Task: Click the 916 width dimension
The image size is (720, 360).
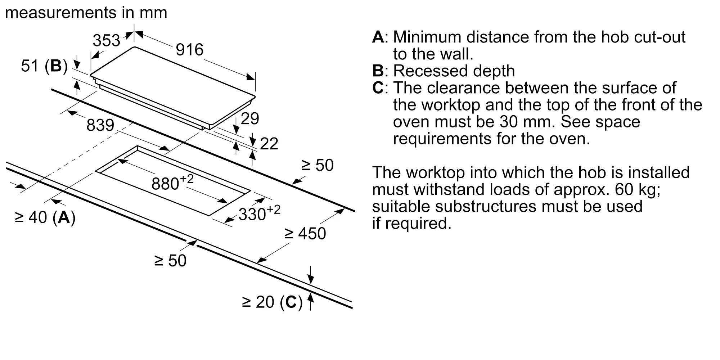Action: click(x=190, y=50)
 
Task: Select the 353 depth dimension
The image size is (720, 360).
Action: click(x=107, y=40)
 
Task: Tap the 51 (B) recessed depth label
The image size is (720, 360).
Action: click(x=44, y=66)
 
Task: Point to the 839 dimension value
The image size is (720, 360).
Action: click(x=100, y=125)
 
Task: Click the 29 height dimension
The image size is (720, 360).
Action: click(x=250, y=118)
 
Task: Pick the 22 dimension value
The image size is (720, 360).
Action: click(x=269, y=144)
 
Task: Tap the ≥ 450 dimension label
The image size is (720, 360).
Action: click(x=305, y=234)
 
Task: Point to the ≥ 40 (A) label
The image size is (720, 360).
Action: click(x=45, y=217)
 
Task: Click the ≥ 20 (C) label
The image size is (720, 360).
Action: click(x=273, y=302)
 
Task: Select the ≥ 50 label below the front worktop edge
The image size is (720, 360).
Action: click(x=170, y=261)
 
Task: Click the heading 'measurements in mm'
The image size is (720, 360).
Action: click(x=86, y=13)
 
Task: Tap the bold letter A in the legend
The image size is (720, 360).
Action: click(x=378, y=37)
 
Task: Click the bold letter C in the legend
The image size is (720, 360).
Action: click(x=378, y=88)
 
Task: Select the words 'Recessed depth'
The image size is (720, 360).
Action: click(x=454, y=71)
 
